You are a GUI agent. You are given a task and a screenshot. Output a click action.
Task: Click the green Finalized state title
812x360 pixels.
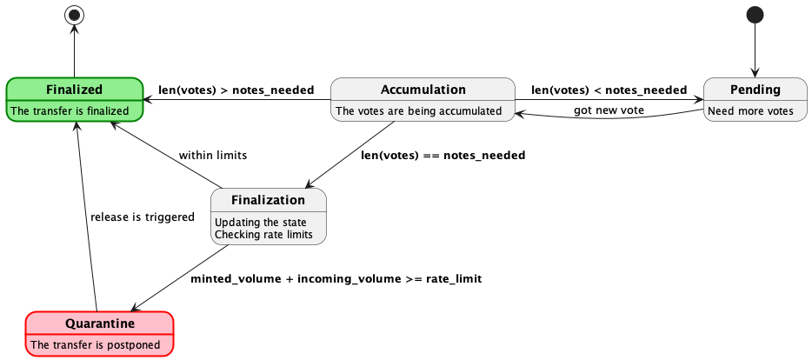pos(74,89)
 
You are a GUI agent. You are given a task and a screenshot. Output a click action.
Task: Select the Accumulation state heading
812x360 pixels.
pos(423,90)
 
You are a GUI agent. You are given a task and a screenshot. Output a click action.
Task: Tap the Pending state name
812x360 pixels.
pos(755,90)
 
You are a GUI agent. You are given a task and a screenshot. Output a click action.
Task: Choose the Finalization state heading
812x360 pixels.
pos(268,200)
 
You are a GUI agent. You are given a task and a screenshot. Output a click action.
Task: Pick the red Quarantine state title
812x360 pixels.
pos(100,323)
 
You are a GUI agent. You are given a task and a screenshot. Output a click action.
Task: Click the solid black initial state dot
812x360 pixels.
pos(755,15)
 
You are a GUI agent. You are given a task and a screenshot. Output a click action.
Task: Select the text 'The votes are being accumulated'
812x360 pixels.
pos(418,110)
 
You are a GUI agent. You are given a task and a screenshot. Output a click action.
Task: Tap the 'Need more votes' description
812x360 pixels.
pos(750,110)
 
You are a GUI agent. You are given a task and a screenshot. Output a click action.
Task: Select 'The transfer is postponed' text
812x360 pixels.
pos(96,345)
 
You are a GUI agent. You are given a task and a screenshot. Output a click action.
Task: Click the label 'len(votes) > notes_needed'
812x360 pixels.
pos(236,90)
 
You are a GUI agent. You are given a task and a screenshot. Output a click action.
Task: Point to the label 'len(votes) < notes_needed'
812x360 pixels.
pos(609,90)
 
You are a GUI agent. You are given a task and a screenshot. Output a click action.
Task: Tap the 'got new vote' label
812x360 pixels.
pos(609,110)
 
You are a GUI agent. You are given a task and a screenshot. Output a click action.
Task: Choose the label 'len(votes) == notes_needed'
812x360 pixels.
pos(443,156)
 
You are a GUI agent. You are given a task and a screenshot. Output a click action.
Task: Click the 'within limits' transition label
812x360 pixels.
pos(213,156)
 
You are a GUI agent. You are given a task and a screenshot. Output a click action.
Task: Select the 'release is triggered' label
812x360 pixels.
pos(142,217)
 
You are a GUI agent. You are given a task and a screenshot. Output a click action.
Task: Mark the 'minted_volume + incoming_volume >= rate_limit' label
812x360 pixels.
pos(336,279)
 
